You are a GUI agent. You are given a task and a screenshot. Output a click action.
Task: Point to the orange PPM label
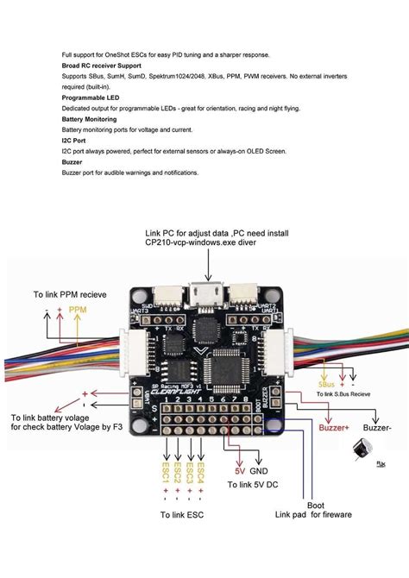click(78, 309)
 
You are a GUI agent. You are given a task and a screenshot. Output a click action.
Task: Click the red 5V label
click(240, 472)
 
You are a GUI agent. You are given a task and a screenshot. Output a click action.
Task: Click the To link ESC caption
click(182, 516)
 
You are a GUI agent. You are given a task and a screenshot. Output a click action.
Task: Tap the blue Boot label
click(316, 506)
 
